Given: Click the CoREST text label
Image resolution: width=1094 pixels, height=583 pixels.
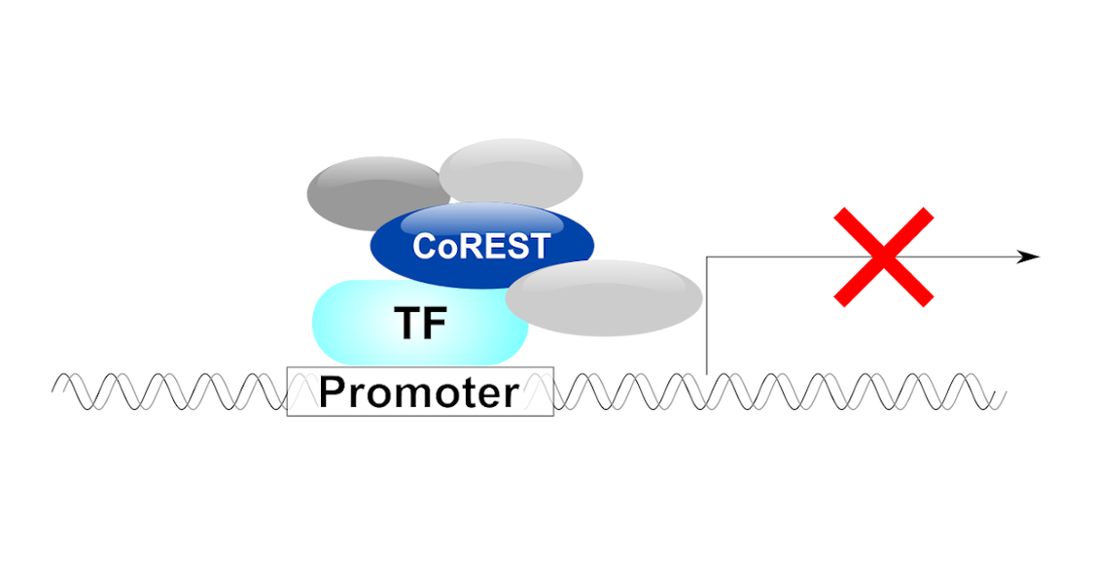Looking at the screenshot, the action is [481, 246].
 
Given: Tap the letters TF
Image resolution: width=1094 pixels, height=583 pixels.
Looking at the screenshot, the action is [421, 323].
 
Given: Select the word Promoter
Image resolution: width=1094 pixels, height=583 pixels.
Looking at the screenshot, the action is [418, 392].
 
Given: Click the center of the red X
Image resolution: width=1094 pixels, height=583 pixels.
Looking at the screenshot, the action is [883, 257].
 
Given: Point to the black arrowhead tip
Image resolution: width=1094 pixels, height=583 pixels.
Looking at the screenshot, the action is [1040, 257].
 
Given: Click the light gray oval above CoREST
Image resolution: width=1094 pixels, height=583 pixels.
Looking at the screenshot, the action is [511, 173].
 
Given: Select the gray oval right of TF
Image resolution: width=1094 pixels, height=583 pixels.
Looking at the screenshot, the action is [604, 298].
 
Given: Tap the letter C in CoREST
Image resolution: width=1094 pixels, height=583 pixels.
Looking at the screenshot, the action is [425, 246].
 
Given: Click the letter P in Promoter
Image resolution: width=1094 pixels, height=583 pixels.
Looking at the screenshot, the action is [333, 392].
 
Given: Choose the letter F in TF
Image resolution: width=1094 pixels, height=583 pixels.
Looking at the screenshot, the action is [435, 323].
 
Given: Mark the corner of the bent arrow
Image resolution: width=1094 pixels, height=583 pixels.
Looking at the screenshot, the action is [707, 257].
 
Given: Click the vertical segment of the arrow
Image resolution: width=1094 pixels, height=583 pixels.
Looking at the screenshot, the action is [707, 316].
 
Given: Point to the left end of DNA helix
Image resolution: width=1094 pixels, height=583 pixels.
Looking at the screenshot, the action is [53, 391].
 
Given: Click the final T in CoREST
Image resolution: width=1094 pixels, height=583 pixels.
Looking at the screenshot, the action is [540, 247].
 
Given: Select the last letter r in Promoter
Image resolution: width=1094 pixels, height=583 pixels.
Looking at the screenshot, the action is [512, 396].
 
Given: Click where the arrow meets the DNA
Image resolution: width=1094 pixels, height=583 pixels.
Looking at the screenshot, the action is [707, 375].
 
